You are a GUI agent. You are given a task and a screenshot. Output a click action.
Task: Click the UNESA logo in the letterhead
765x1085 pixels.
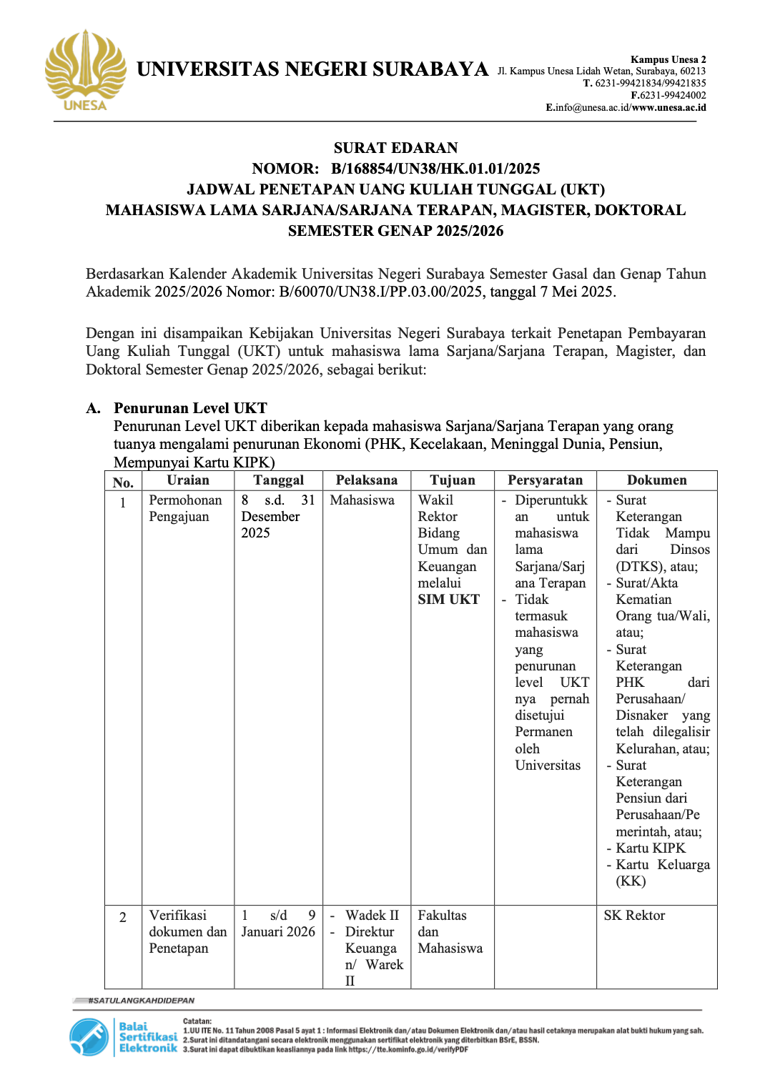point(85,71)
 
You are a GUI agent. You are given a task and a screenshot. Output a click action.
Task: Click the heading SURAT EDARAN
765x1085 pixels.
point(395,148)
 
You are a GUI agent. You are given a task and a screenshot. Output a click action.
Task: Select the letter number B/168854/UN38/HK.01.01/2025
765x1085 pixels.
point(435,169)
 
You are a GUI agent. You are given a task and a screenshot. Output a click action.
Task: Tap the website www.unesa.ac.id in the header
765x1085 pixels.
point(668,108)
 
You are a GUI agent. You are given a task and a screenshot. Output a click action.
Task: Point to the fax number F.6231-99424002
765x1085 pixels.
point(668,95)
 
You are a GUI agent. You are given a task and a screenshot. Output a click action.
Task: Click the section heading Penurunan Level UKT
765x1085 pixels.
point(190,408)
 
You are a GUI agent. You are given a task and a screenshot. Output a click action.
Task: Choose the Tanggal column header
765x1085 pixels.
point(278,480)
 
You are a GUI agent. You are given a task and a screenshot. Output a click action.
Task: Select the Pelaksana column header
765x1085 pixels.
point(366,480)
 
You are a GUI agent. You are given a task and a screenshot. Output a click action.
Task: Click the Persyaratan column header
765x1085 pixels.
point(545,480)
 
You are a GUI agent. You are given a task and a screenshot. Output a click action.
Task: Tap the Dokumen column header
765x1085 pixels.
point(656,480)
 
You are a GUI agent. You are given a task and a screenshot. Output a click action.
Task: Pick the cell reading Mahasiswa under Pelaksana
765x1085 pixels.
point(362,500)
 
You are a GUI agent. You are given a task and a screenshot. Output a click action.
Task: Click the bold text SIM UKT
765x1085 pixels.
point(448,600)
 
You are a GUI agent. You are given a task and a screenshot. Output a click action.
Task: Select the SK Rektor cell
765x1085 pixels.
point(634,916)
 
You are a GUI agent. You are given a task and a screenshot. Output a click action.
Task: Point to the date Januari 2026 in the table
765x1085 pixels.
point(278,932)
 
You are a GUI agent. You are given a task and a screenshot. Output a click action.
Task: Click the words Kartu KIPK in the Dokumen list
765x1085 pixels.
point(651,848)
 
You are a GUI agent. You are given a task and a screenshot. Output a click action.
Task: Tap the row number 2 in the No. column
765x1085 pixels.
point(123,917)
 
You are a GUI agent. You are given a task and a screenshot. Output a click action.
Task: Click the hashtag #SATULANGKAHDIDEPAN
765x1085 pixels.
point(141,1001)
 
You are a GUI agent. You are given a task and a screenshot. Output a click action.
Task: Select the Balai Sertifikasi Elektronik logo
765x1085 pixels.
point(123,1037)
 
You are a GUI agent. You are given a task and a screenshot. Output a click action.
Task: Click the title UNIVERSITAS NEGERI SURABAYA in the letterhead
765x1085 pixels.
point(312,69)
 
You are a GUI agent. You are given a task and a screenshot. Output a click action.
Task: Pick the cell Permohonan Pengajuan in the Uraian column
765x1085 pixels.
point(185,508)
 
